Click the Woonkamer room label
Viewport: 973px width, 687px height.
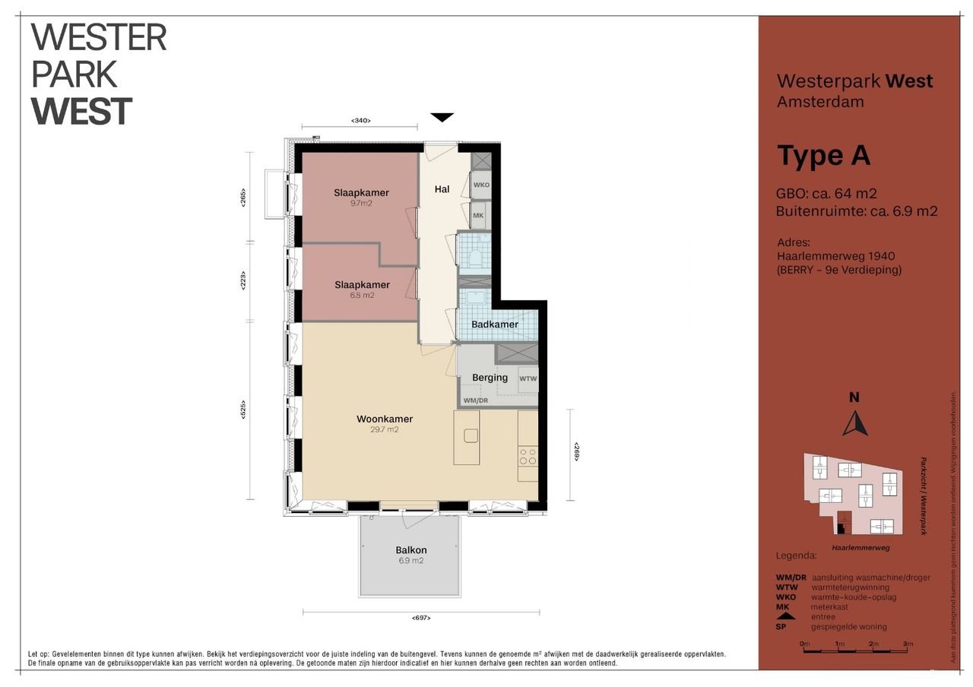[385, 419]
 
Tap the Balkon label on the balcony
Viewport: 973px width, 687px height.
[410, 550]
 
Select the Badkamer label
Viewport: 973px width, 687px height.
[494, 325]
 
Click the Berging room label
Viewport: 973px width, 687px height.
[490, 378]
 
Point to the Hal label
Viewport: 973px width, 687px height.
[442, 189]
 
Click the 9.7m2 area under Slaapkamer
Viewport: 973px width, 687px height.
[361, 204]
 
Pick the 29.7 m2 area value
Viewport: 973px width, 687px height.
[385, 429]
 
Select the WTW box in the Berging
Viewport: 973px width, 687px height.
[528, 378]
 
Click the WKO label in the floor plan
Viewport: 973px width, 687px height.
[481, 185]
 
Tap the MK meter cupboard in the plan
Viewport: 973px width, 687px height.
[479, 216]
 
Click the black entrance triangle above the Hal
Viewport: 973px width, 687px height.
[442, 117]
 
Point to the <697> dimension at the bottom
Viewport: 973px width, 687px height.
[423, 618]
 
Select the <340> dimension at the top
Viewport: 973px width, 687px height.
[360, 120]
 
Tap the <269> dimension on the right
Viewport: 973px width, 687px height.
[577, 452]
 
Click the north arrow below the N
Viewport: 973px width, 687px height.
[855, 423]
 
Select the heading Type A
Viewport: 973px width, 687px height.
[823, 156]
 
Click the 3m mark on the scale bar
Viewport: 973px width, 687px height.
[908, 644]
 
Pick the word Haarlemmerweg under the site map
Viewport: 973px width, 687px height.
[860, 547]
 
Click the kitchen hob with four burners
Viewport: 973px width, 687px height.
[528, 457]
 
